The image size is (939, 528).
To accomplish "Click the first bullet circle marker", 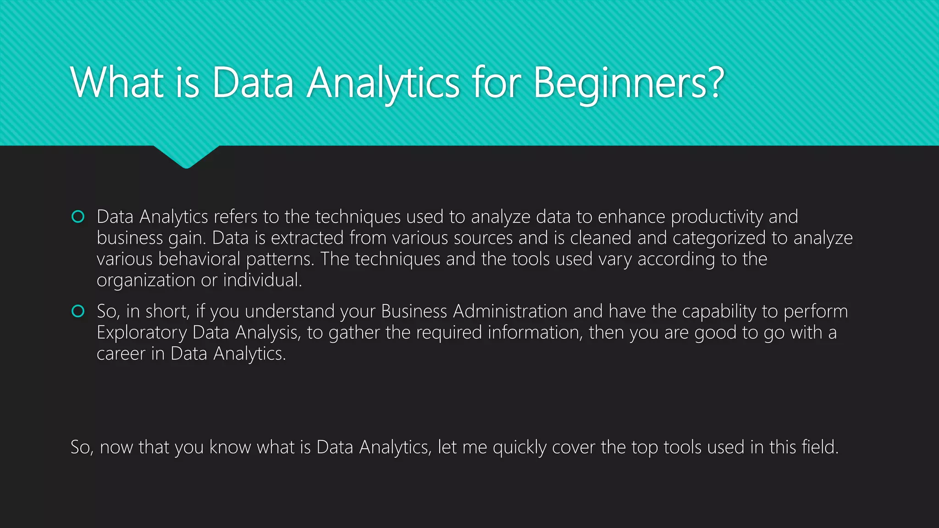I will tap(78, 217).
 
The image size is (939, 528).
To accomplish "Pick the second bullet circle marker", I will tap(78, 312).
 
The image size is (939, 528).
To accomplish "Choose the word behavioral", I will tap(199, 259).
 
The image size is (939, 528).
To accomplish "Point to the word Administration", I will tap(510, 312).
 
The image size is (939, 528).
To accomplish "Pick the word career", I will tap(121, 354).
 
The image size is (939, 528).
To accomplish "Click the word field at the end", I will tap(819, 447).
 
